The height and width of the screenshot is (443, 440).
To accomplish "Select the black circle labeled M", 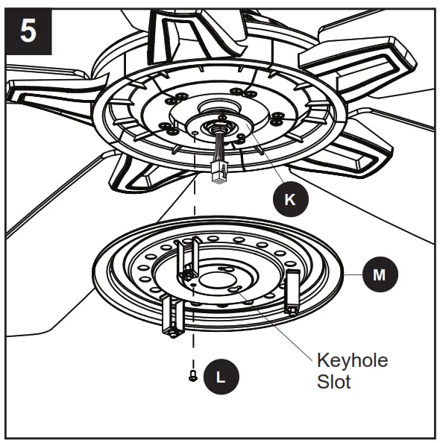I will coord(380,274).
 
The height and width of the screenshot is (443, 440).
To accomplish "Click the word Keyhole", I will coord(352,361).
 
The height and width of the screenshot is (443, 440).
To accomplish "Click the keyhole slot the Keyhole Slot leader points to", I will coord(235,291).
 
